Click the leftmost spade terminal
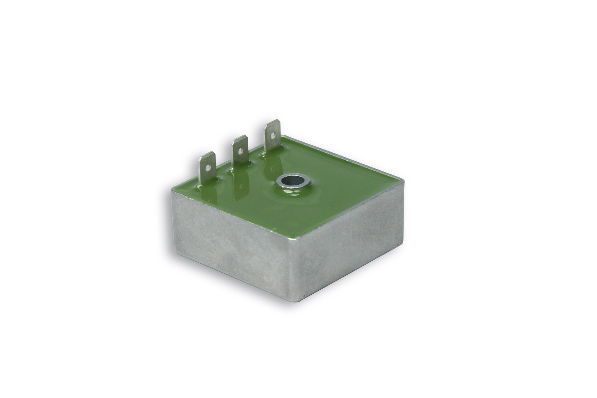207,168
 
